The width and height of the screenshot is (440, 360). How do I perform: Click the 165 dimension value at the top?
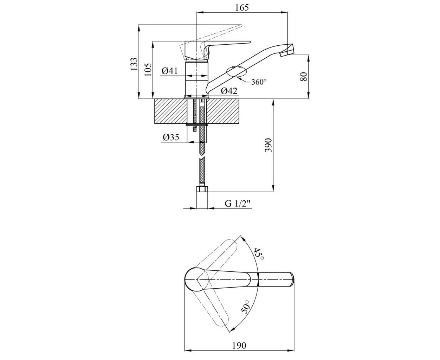pyautogui.click(x=242, y=7)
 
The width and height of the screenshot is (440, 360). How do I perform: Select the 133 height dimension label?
pyautogui.click(x=134, y=64)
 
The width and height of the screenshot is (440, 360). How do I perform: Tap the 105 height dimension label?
pyautogui.click(x=148, y=70)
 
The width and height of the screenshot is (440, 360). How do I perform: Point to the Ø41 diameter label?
pyautogui.click(x=170, y=71)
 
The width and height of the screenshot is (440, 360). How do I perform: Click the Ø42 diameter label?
pyautogui.click(x=229, y=91)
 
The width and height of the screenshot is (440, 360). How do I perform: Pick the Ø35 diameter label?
pyautogui.click(x=171, y=137)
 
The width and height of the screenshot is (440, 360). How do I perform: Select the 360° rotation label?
pyautogui.click(x=259, y=82)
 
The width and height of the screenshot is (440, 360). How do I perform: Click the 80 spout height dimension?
pyautogui.click(x=304, y=77)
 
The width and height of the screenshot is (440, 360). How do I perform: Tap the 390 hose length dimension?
pyautogui.click(x=268, y=145)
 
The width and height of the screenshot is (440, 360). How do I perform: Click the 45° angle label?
pyautogui.click(x=259, y=254)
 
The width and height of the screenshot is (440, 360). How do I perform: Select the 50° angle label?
pyautogui.click(x=246, y=307)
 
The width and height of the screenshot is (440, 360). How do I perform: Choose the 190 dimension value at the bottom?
pyautogui.click(x=239, y=345)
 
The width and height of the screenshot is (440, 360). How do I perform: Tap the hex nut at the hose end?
pyautogui.click(x=202, y=189)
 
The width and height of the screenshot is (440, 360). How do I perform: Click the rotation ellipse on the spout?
pyautogui.click(x=237, y=72)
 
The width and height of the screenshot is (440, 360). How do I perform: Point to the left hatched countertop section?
pyautogui.click(x=171, y=111)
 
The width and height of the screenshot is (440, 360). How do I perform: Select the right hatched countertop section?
pyautogui.click(x=223, y=111)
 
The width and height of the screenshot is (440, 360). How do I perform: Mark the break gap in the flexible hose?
pyautogui.click(x=202, y=157)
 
